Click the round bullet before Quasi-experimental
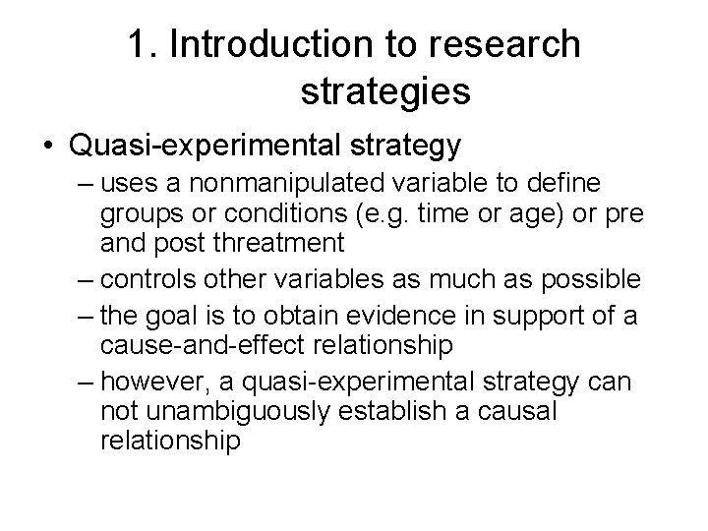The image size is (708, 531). pyautogui.click(x=46, y=147)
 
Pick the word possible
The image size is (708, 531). pyautogui.click(x=591, y=280)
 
